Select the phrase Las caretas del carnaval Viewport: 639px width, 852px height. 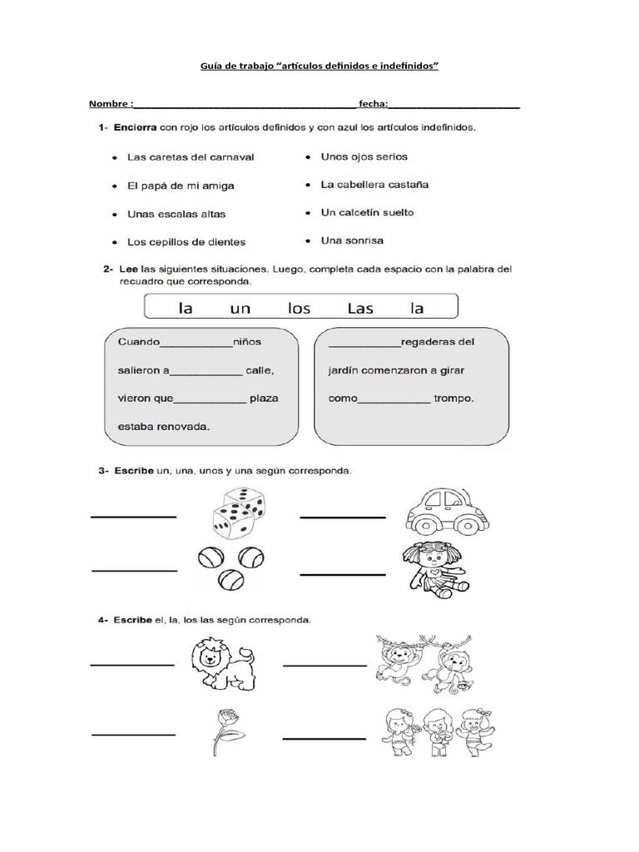coord(190,156)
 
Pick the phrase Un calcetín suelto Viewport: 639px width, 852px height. coord(367,212)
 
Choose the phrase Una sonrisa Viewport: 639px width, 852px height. coord(352,240)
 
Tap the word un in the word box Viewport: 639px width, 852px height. coord(240,308)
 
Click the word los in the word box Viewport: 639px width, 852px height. coord(298,308)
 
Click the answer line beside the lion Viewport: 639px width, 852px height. coord(131,665)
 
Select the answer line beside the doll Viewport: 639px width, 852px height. coord(343,574)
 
